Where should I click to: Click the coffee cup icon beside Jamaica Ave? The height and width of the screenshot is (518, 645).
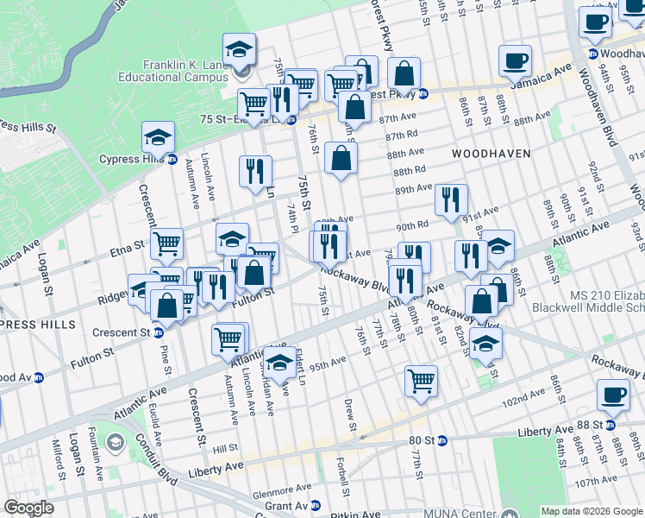point(516,60)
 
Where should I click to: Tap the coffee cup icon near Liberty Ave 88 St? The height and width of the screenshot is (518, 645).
point(613,395)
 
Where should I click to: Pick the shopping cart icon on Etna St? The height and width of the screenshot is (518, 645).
point(166,244)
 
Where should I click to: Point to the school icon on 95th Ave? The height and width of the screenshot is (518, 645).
point(279,365)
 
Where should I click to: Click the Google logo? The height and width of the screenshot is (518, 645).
point(28,508)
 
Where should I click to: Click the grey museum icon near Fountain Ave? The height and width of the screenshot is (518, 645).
point(114,444)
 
